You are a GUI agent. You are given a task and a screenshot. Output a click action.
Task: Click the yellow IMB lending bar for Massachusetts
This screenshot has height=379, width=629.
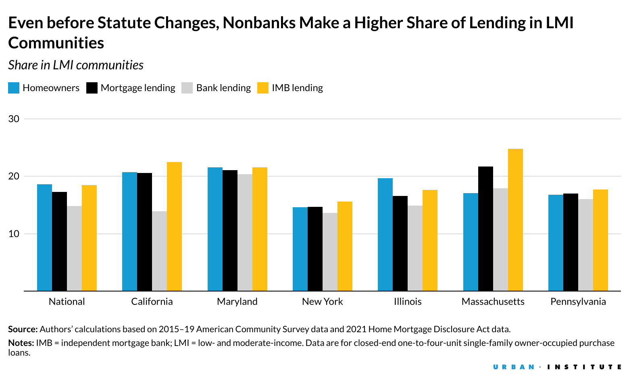(515, 220)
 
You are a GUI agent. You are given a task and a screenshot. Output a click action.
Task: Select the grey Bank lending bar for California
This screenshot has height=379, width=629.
(159, 251)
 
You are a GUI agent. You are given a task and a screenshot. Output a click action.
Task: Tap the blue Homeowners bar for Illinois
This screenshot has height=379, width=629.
(385, 234)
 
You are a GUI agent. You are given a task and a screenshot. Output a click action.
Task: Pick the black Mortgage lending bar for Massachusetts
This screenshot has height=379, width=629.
(485, 229)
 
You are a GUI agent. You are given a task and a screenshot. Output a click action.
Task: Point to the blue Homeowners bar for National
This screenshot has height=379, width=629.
(44, 237)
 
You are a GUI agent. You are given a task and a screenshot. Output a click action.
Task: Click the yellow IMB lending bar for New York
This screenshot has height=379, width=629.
(345, 246)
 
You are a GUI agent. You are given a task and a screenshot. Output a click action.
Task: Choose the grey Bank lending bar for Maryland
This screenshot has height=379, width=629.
(245, 232)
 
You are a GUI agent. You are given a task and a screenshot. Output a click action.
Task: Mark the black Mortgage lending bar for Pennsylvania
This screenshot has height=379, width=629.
(571, 242)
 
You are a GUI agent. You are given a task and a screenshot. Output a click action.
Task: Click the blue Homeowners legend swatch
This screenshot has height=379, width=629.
(14, 88)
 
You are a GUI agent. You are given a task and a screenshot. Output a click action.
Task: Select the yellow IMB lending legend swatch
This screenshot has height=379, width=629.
(263, 88)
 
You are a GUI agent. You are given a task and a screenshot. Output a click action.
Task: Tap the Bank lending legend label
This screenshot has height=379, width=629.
(223, 88)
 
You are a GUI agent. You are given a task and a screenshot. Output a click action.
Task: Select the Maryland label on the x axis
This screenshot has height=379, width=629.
(237, 302)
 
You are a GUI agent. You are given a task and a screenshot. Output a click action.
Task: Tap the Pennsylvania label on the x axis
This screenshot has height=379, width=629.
(578, 302)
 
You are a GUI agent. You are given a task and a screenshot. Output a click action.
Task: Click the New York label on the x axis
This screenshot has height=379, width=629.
(322, 302)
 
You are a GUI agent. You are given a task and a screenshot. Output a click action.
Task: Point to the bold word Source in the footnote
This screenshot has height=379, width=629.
(23, 329)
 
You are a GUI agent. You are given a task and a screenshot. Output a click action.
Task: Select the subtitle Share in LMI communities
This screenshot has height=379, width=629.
(76, 65)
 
